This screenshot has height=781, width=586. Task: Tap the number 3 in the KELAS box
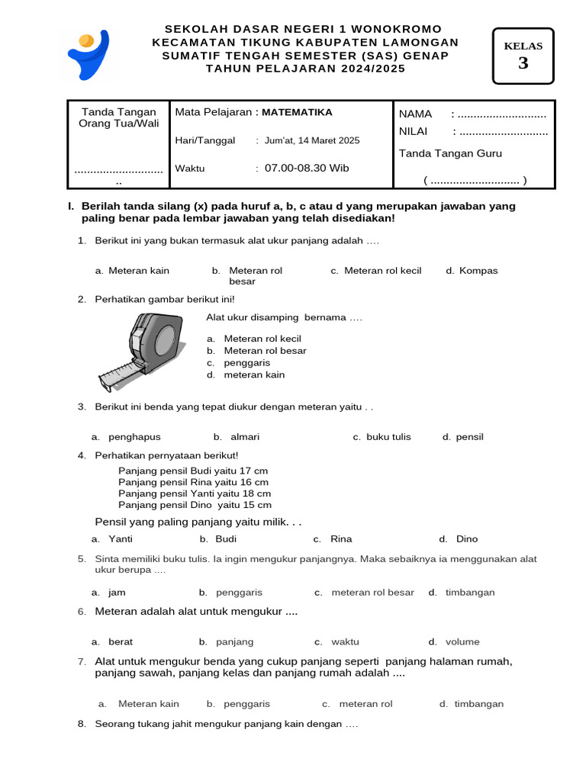click(523, 63)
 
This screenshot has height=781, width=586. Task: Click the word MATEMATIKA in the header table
click(297, 112)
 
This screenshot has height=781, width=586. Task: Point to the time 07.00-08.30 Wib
click(307, 168)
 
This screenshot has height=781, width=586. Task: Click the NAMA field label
click(416, 114)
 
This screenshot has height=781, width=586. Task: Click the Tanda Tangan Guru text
click(450, 153)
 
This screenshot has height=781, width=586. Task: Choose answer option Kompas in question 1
click(478, 271)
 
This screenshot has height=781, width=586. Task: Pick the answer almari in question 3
click(244, 437)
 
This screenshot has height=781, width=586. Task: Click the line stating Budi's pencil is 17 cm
click(193, 471)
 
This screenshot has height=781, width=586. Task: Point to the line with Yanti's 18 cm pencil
click(195, 493)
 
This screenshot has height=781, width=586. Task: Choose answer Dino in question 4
click(466, 539)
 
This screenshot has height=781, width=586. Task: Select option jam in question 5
click(117, 593)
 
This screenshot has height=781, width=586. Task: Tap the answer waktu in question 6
click(345, 642)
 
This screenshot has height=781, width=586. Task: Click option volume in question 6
click(462, 642)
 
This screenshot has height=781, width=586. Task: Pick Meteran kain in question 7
click(148, 704)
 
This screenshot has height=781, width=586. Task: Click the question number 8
click(82, 724)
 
